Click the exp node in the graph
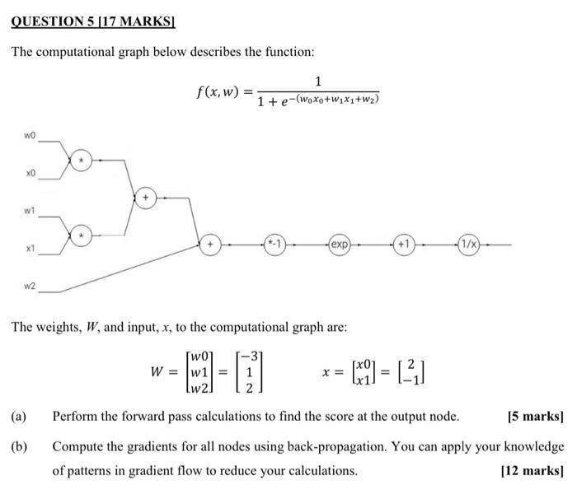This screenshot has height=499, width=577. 340,245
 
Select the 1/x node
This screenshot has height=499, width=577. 469,245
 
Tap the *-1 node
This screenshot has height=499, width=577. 274,245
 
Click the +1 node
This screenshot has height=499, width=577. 404,245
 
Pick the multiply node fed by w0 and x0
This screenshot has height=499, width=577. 81,159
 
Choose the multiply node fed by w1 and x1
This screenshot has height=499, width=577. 81,236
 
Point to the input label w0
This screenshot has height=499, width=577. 30,133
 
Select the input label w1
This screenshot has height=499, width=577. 30,211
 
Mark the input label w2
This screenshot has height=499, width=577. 30,286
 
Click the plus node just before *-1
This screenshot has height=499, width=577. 209,245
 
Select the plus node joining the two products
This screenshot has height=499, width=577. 146,198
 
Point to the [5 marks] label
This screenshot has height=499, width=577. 537,416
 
